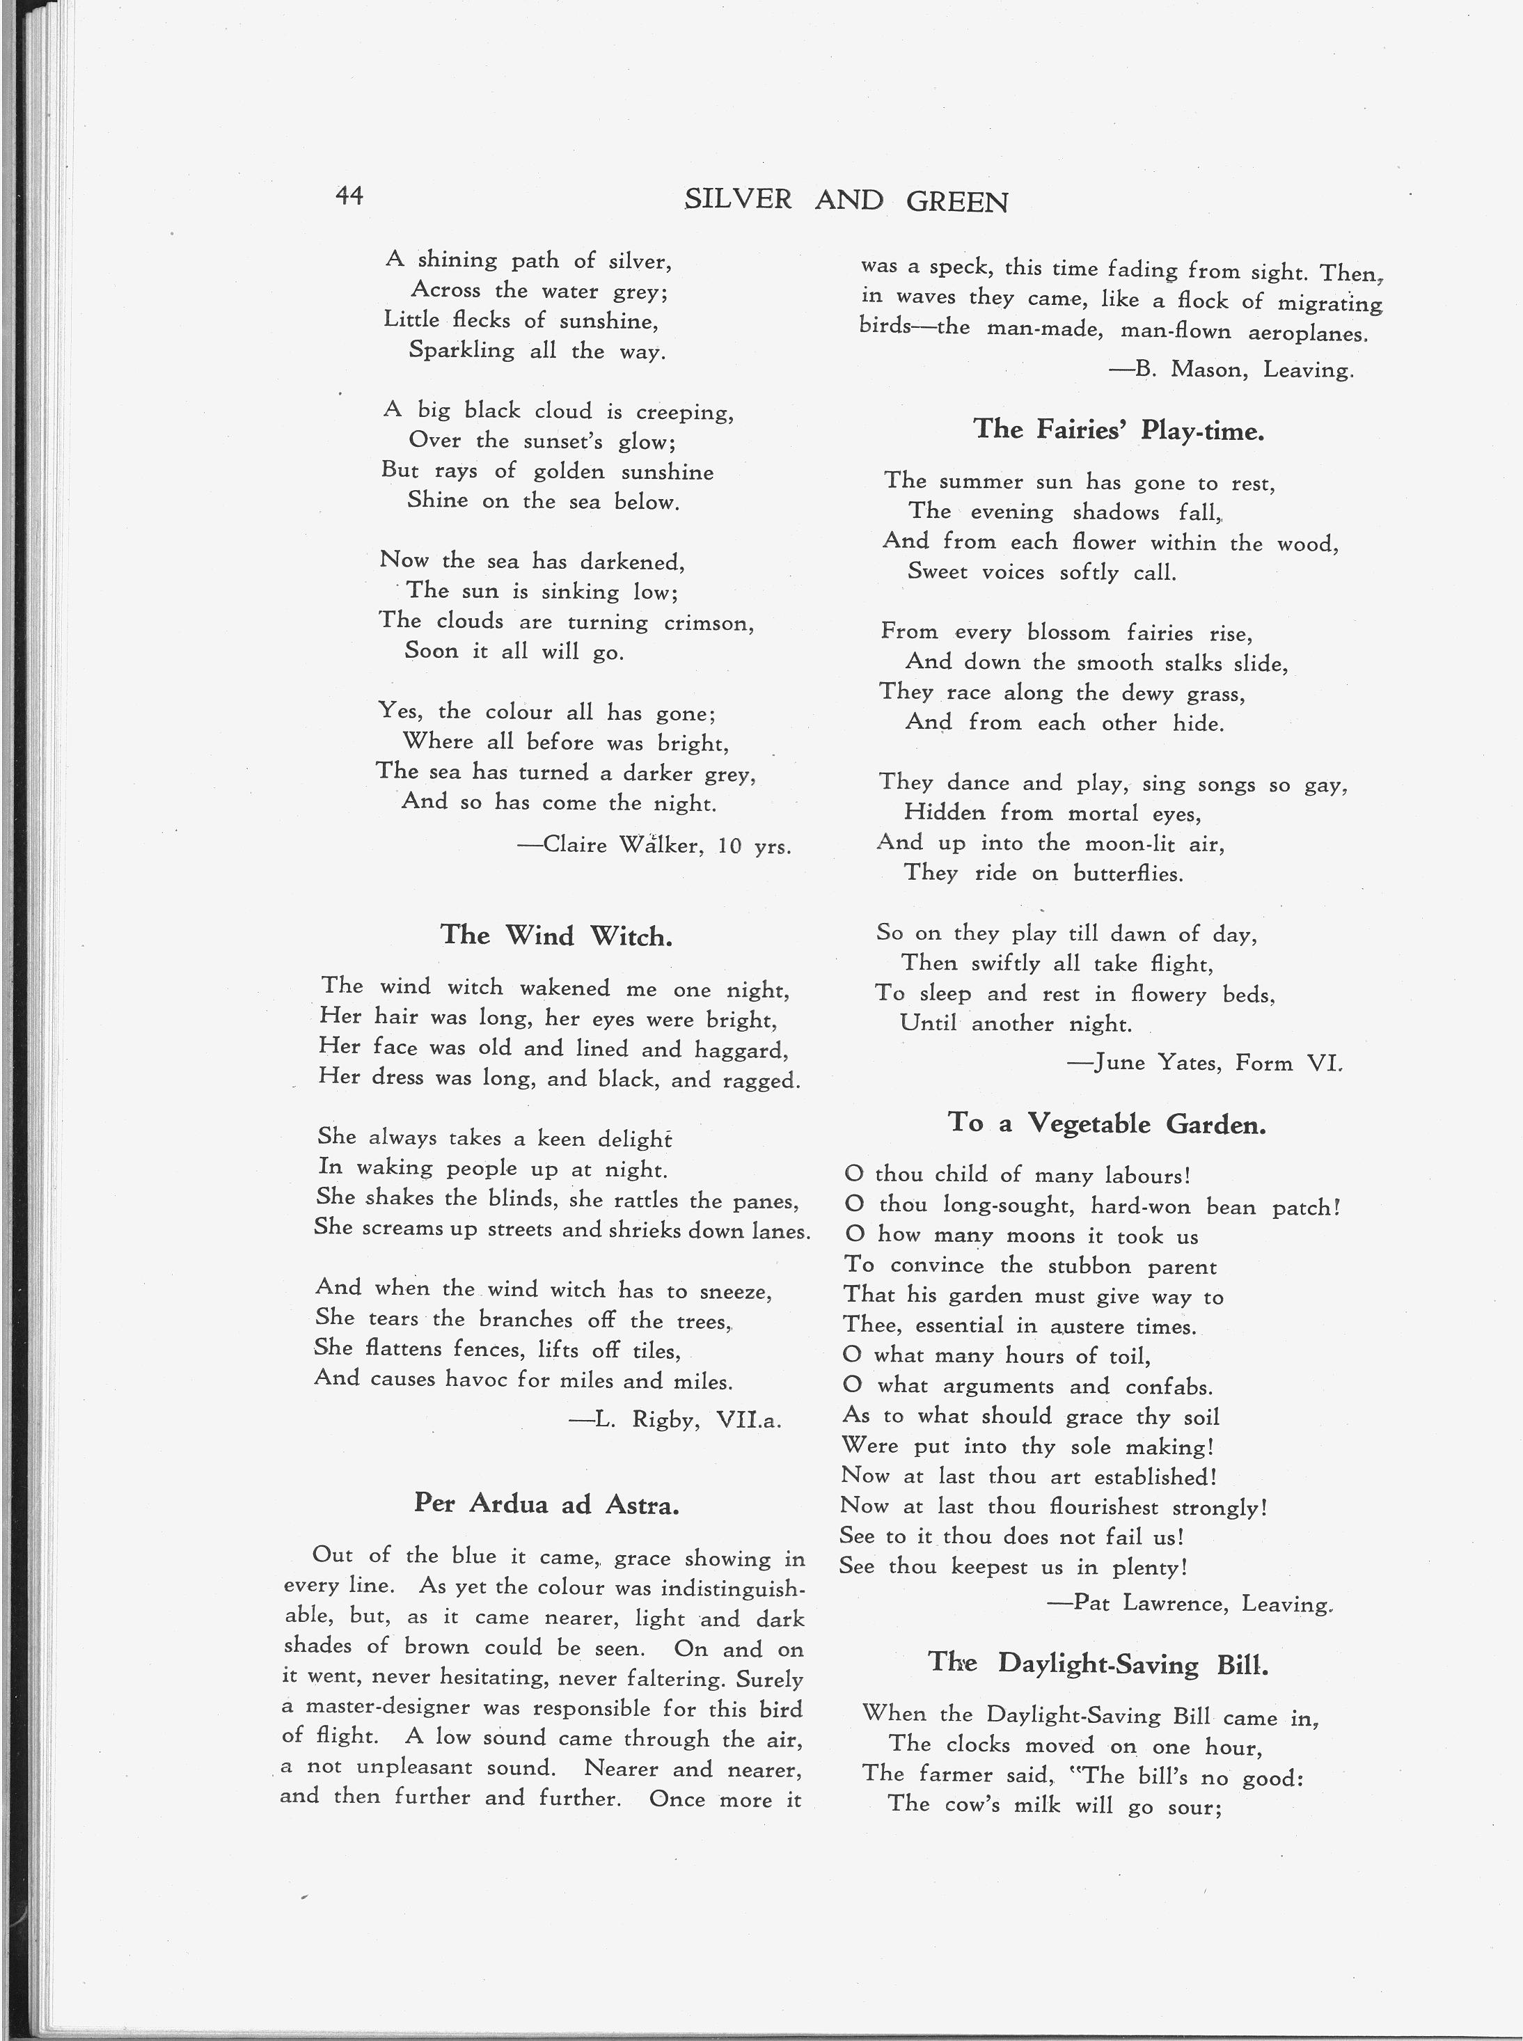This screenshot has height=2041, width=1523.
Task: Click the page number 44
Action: point(349,196)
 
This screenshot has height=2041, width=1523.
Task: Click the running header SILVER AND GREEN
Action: point(846,201)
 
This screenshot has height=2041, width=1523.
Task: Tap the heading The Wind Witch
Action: point(556,936)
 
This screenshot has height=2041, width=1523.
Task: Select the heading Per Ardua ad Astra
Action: point(546,1504)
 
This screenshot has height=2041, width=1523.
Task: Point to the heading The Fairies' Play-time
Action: point(1119,430)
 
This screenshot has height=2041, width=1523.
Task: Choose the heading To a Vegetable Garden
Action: point(1106,1123)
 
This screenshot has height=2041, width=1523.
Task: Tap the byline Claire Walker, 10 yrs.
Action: point(654,844)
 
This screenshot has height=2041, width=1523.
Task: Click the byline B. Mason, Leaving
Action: point(1231,370)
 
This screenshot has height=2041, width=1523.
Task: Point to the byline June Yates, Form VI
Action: point(1205,1063)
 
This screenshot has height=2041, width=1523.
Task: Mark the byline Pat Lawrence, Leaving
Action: point(1190,1604)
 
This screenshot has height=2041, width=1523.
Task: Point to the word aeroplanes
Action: point(1307,333)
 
